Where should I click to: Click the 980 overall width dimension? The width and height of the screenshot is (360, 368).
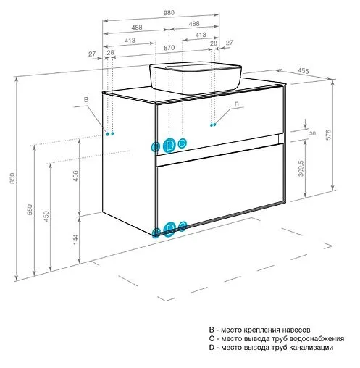point(169,12)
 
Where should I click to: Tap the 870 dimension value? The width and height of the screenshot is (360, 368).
point(169,48)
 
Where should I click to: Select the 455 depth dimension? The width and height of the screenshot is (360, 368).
point(303,71)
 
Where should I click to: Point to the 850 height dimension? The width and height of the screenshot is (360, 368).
point(12,178)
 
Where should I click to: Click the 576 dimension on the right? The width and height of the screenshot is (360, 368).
point(328,135)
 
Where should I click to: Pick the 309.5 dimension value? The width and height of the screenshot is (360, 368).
point(301,169)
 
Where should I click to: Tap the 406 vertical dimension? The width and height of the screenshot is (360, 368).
point(75,176)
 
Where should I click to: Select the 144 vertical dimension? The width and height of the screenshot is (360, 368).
point(75,239)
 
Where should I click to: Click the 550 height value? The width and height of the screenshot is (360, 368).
point(30,209)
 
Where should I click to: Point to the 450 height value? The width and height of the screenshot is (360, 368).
point(46,217)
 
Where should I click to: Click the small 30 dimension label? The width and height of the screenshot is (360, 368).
point(312,133)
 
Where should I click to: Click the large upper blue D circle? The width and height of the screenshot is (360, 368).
point(169,146)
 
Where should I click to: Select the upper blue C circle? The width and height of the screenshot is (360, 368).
point(182,143)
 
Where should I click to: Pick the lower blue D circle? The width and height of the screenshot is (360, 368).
point(170,228)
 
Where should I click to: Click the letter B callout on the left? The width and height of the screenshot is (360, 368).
point(86,99)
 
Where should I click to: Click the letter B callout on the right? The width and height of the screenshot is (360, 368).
point(237,104)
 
